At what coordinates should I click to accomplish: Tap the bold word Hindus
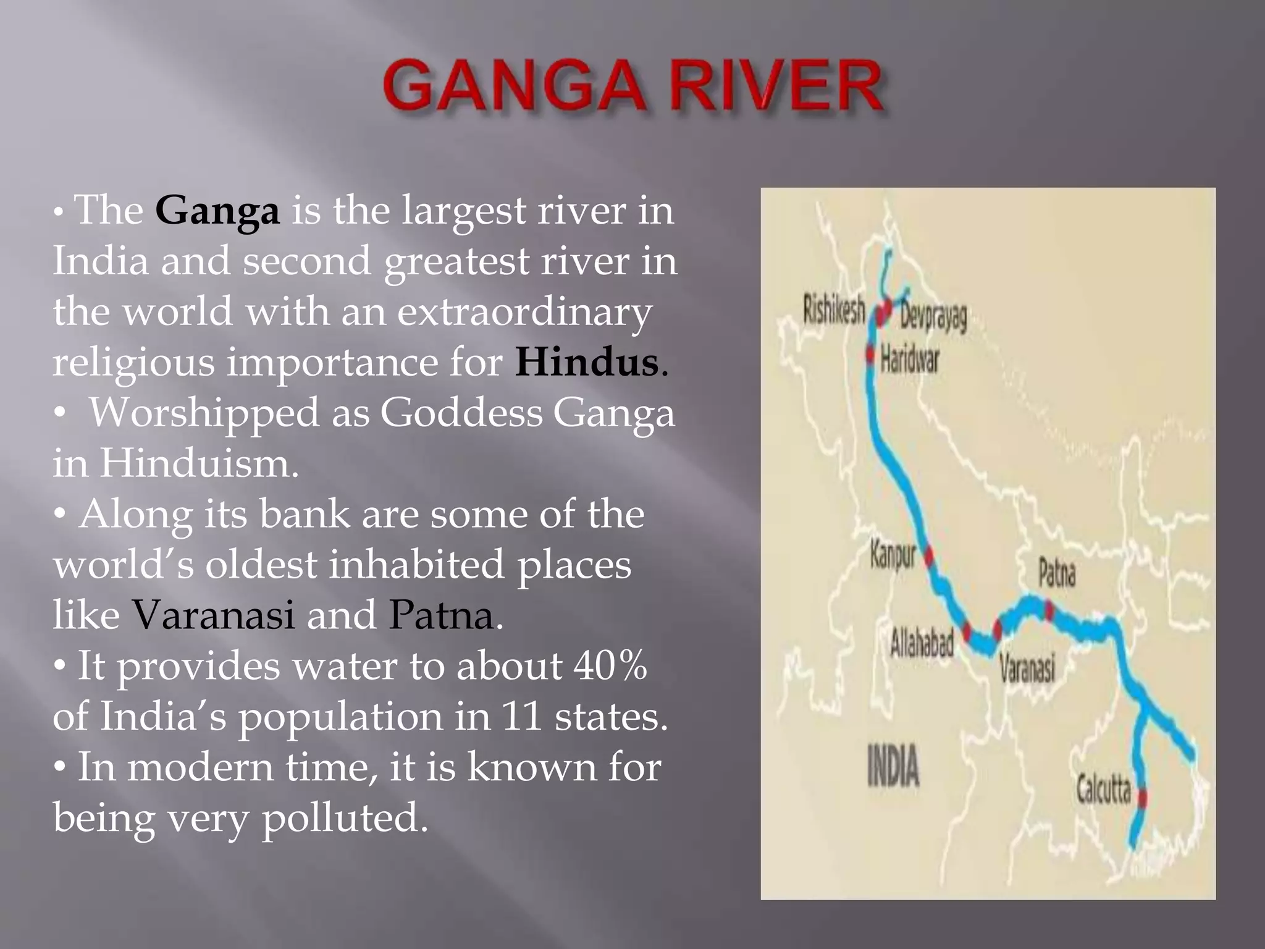[586, 362]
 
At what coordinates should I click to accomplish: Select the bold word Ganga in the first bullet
[217, 211]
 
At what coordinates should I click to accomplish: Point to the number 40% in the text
[610, 666]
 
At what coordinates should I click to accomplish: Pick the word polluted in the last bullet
[345, 818]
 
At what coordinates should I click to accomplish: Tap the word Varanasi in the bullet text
[214, 615]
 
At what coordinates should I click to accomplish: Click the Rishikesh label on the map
[833, 309]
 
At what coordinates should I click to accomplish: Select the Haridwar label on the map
[909, 359]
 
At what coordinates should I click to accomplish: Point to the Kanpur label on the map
[892, 555]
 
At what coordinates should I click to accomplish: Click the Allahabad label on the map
[922, 643]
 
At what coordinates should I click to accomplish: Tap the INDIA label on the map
[893, 767]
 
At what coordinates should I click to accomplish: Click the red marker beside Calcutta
[1141, 798]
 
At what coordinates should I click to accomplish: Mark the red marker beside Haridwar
[870, 354]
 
